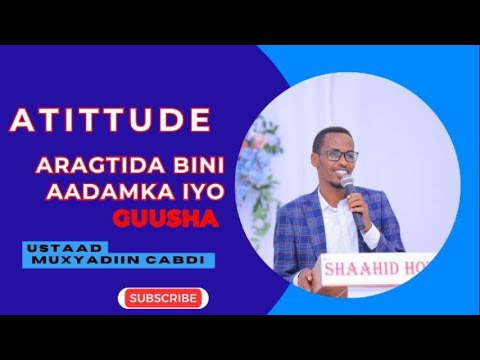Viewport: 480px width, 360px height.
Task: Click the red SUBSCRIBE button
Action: coord(162,298)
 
